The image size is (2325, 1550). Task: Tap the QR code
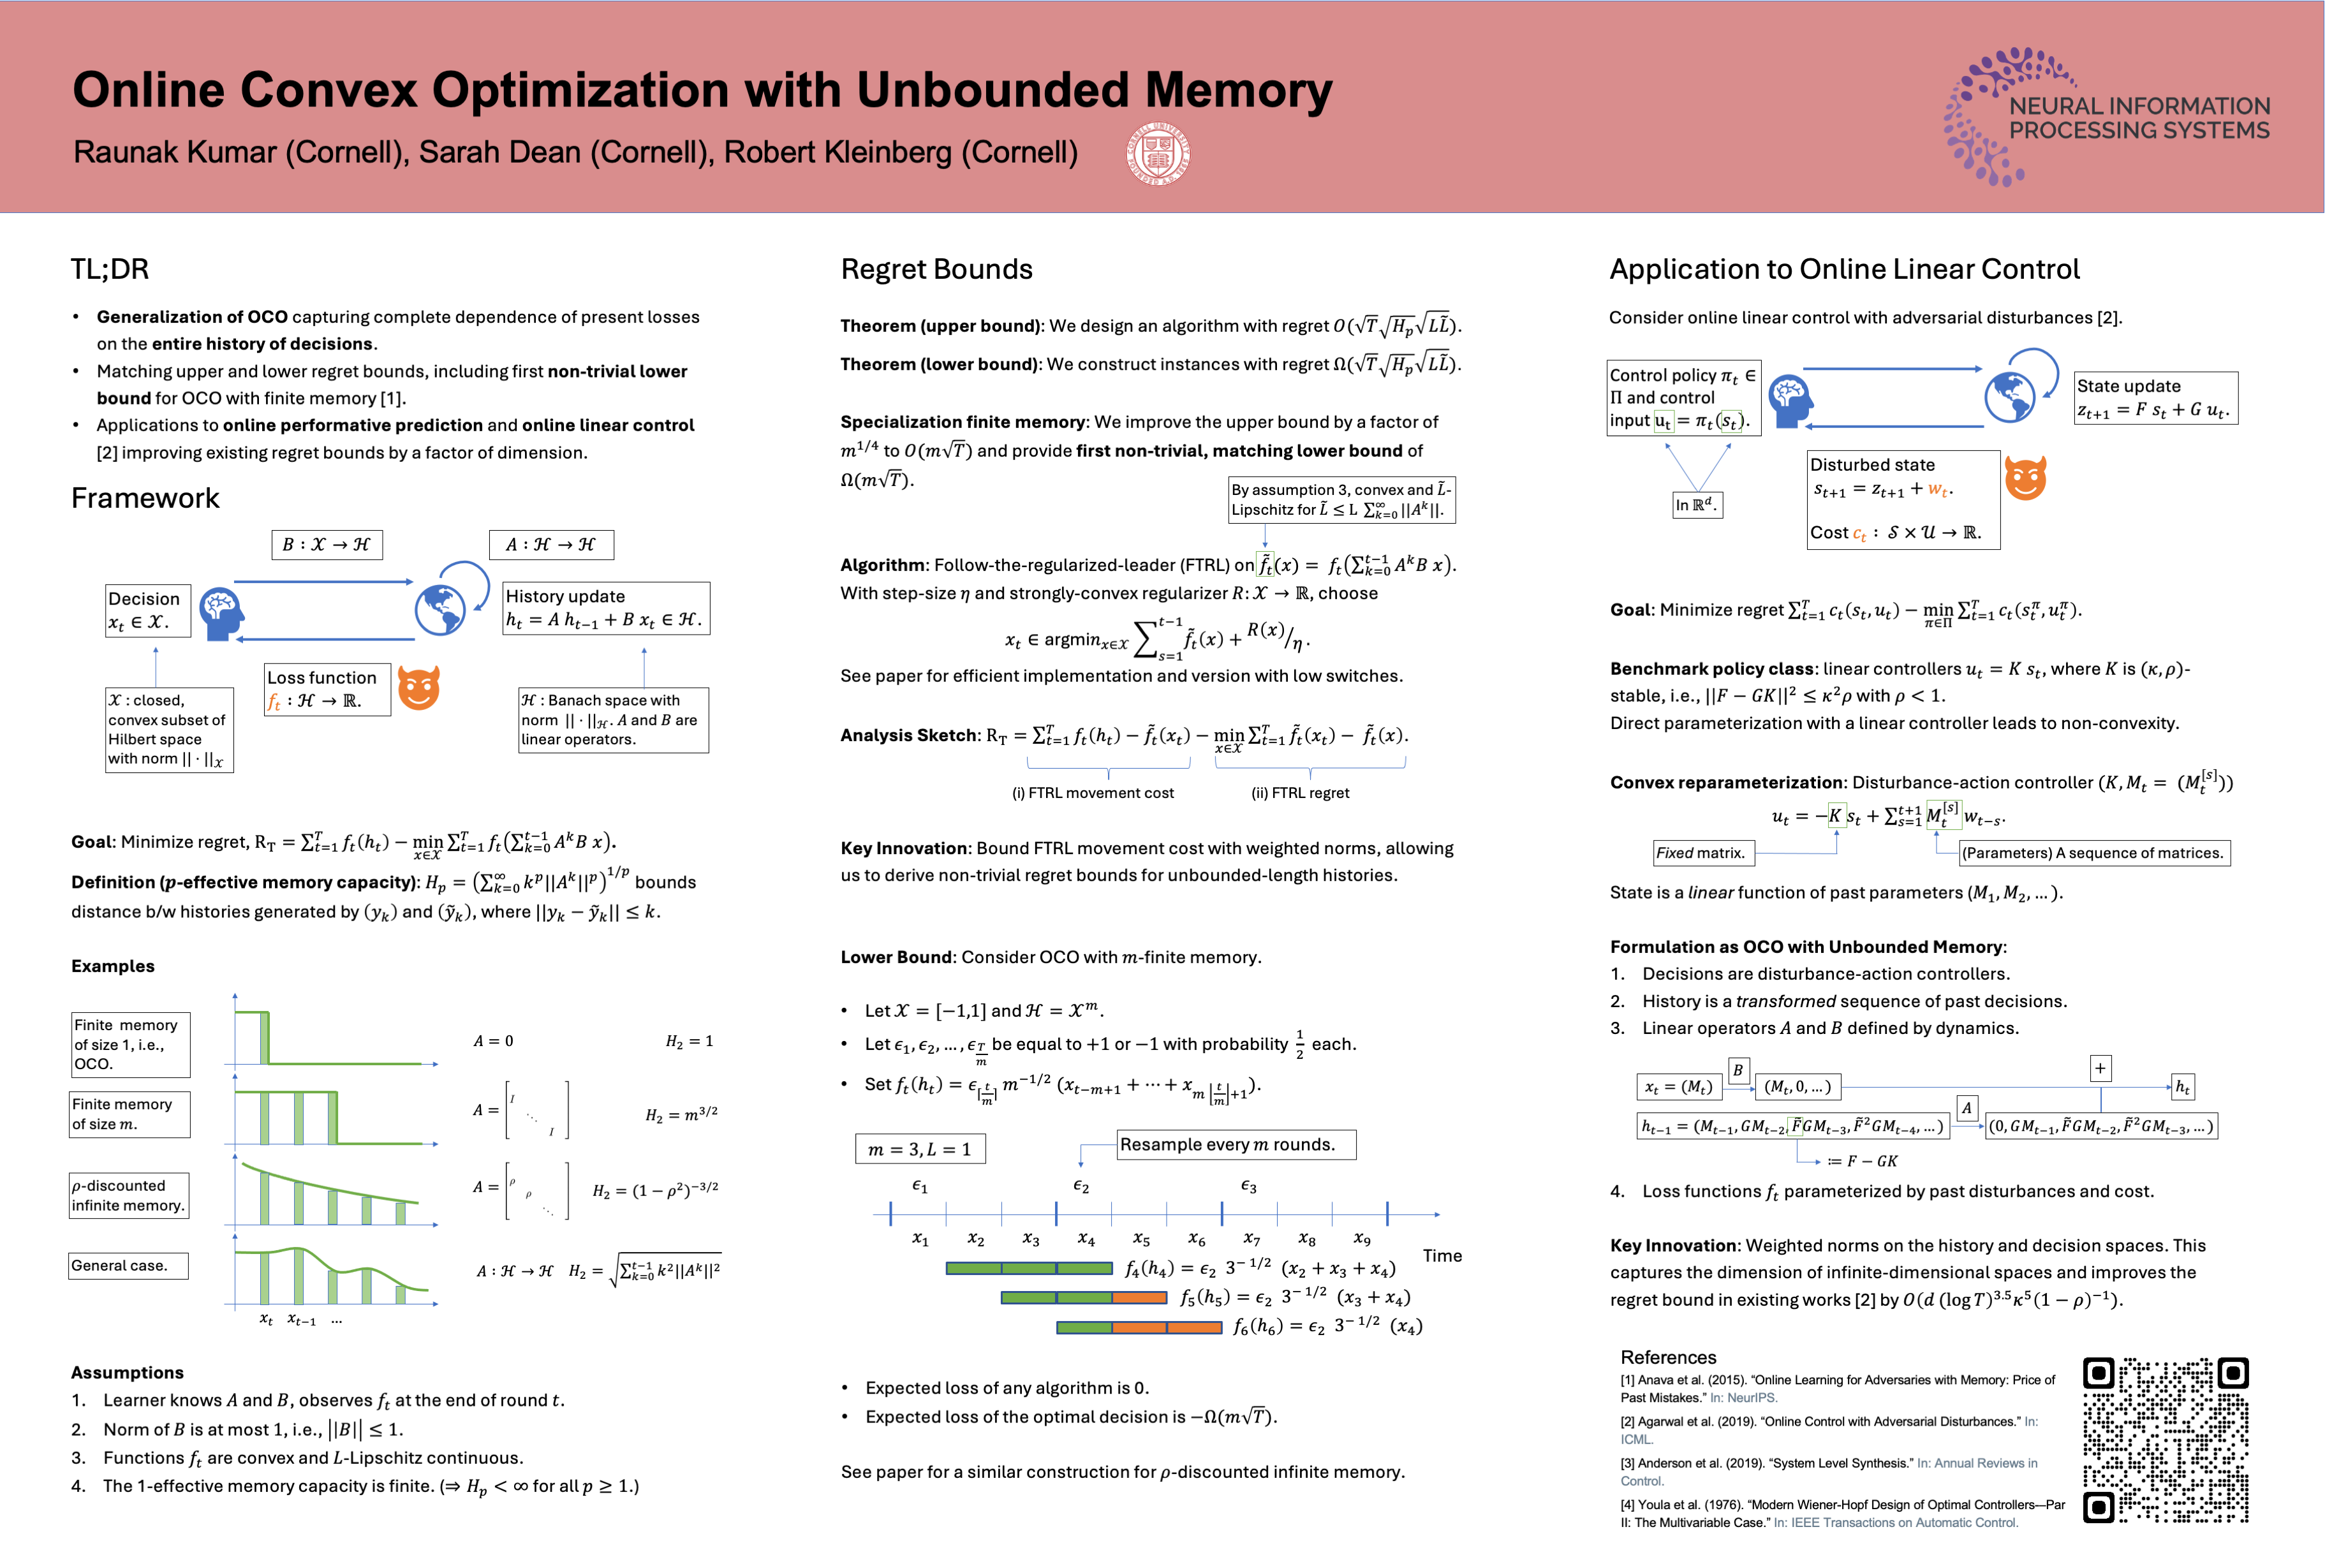click(x=2166, y=1439)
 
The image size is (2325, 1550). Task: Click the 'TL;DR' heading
click(x=110, y=269)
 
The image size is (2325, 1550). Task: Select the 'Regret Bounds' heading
click(x=936, y=269)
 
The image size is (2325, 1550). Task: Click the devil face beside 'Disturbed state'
click(x=2025, y=478)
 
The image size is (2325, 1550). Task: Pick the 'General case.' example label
click(x=128, y=1266)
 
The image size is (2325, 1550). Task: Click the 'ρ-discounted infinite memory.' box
click(x=128, y=1195)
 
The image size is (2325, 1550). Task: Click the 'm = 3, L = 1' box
click(x=919, y=1149)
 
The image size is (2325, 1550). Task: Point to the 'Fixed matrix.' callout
click(x=1701, y=852)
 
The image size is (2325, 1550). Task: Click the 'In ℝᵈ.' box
click(x=1696, y=505)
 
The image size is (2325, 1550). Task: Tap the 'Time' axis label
click(x=1442, y=1255)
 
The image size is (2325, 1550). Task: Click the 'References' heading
click(x=1667, y=1357)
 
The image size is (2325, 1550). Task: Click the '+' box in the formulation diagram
click(x=2100, y=1068)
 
